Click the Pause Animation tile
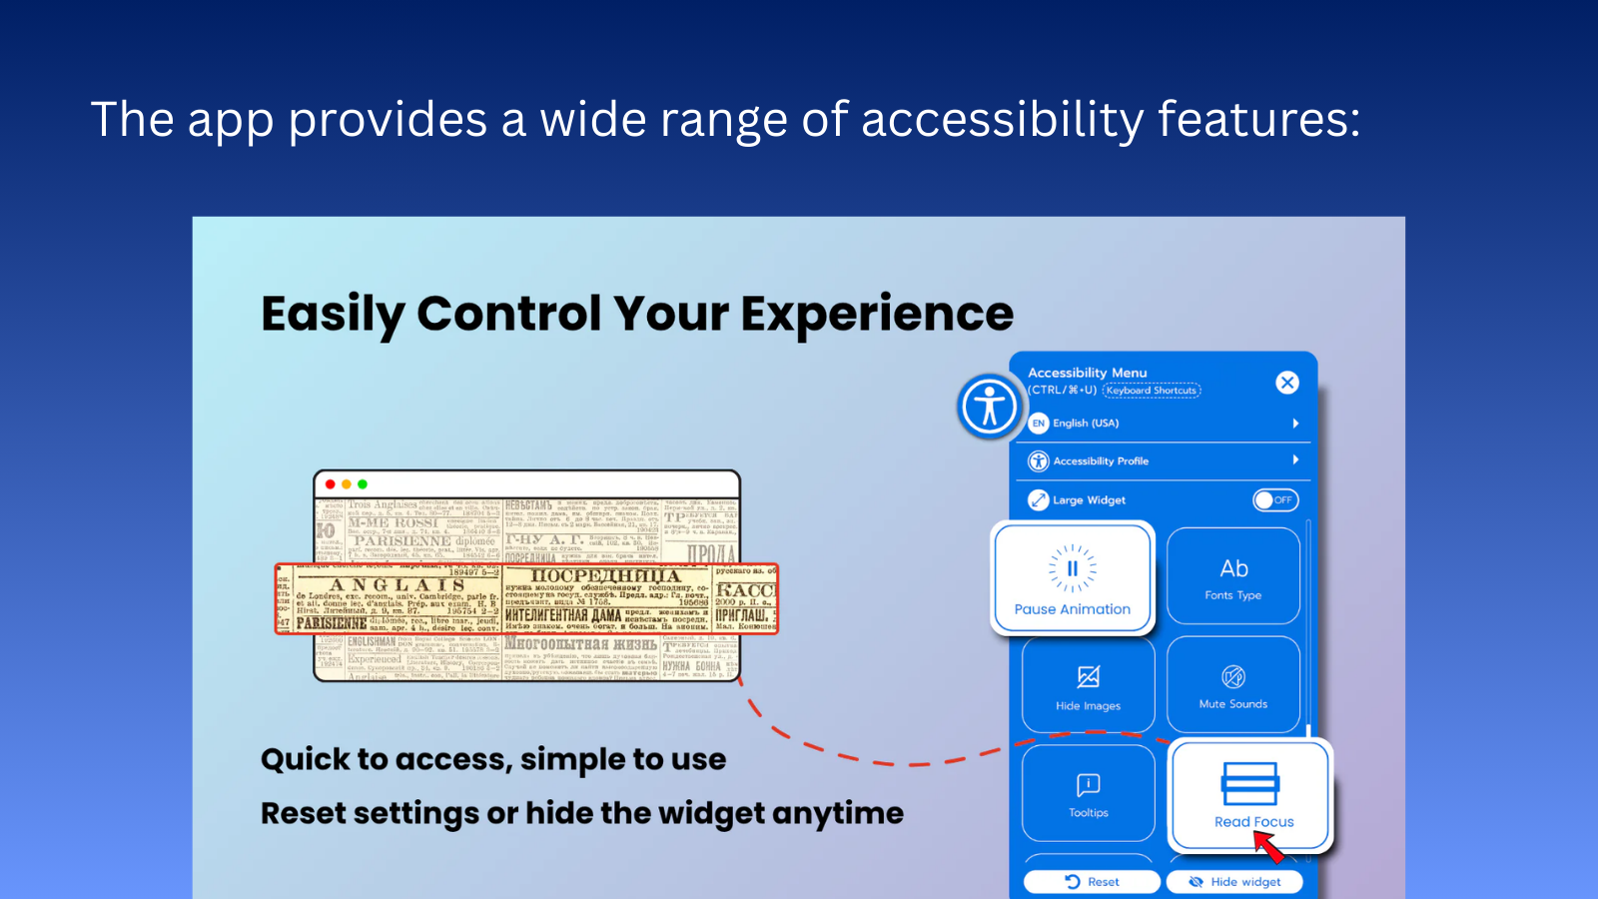click(x=1073, y=578)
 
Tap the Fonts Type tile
click(x=1233, y=576)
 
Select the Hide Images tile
click(x=1089, y=685)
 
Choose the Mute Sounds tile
click(x=1233, y=685)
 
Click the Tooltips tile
click(x=1089, y=793)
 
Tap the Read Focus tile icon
click(x=1249, y=783)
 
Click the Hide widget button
click(x=1234, y=882)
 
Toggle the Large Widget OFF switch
click(x=1275, y=499)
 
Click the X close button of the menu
click(x=1287, y=383)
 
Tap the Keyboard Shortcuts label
click(x=1151, y=391)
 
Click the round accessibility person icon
click(x=989, y=407)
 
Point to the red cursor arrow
click(x=1268, y=847)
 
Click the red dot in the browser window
click(x=331, y=484)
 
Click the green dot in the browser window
click(x=363, y=484)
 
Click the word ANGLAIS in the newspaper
click(x=398, y=585)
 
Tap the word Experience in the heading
click(x=876, y=314)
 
